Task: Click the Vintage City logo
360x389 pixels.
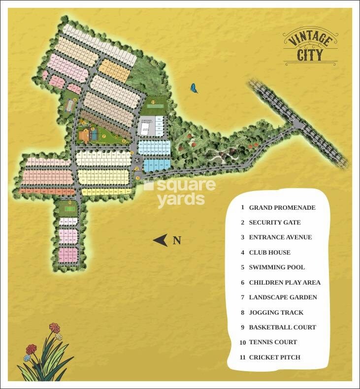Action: coord(310,47)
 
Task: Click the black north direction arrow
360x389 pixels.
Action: coord(161,240)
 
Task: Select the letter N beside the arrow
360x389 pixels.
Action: coord(177,241)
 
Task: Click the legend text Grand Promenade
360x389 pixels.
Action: coord(282,208)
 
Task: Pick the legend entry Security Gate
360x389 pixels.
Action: coord(274,223)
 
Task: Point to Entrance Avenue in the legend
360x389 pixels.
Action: coord(280,237)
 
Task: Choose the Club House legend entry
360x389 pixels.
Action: coord(269,253)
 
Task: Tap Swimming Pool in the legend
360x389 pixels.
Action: coord(277,267)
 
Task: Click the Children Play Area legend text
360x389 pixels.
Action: coord(285,283)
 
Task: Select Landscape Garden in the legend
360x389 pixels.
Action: coord(283,297)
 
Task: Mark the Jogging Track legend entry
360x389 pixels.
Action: coord(276,313)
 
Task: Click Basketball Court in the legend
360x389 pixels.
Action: coord(282,327)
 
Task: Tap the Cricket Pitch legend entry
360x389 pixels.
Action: coord(274,357)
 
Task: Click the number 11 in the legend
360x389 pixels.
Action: coord(242,357)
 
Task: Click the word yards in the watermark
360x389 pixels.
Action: coord(181,199)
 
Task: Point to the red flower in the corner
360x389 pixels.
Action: coord(32,349)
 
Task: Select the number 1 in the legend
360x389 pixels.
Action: coord(242,208)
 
